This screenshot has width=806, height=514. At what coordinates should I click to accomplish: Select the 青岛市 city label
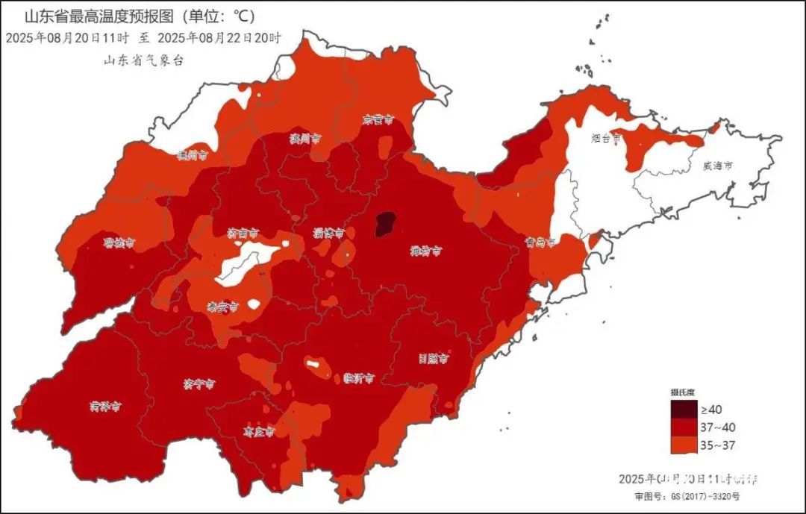(x=540, y=242)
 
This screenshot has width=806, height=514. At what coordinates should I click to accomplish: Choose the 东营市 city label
(x=378, y=119)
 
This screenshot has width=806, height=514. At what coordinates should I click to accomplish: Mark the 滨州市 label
(x=304, y=139)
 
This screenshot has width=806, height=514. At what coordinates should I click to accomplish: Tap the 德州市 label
(x=191, y=156)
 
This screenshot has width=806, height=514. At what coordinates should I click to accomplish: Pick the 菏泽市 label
(x=105, y=407)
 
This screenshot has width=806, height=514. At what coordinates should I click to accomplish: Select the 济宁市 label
(x=199, y=384)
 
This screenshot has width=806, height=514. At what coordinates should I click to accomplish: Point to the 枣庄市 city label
(x=259, y=431)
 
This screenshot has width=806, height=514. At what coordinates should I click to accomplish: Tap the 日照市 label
(x=433, y=358)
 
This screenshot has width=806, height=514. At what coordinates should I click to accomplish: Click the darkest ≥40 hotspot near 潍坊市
(x=384, y=223)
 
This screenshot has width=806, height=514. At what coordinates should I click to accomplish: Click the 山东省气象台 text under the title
(x=143, y=61)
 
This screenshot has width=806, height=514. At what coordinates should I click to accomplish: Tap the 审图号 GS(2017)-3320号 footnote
(x=683, y=496)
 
